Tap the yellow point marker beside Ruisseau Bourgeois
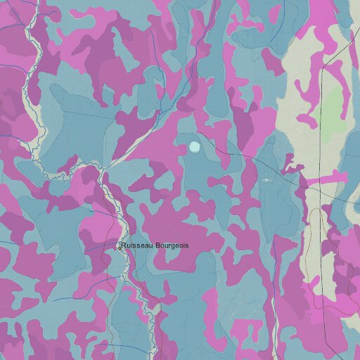119,247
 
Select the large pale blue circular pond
195,146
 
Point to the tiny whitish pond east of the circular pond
266,180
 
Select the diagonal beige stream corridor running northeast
141,134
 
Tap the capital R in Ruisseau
124,245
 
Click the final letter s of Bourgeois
186,245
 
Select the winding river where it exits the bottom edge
153,356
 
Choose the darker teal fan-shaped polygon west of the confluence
70,141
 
